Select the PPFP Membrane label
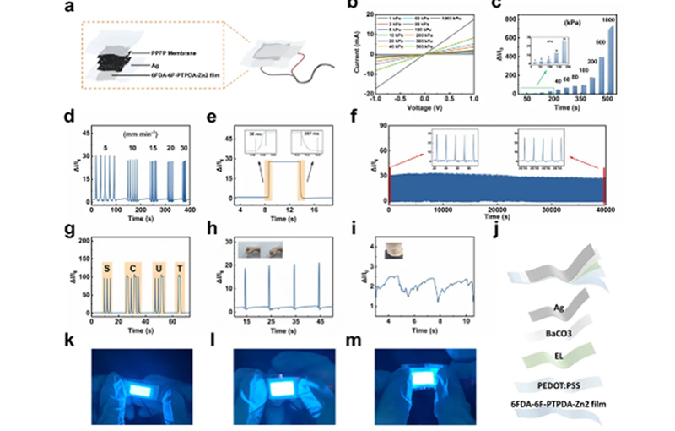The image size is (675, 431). click(x=156, y=52)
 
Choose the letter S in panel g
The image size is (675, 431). click(x=107, y=269)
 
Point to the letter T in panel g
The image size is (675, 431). click(x=179, y=269)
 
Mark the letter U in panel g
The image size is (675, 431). click(x=157, y=269)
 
